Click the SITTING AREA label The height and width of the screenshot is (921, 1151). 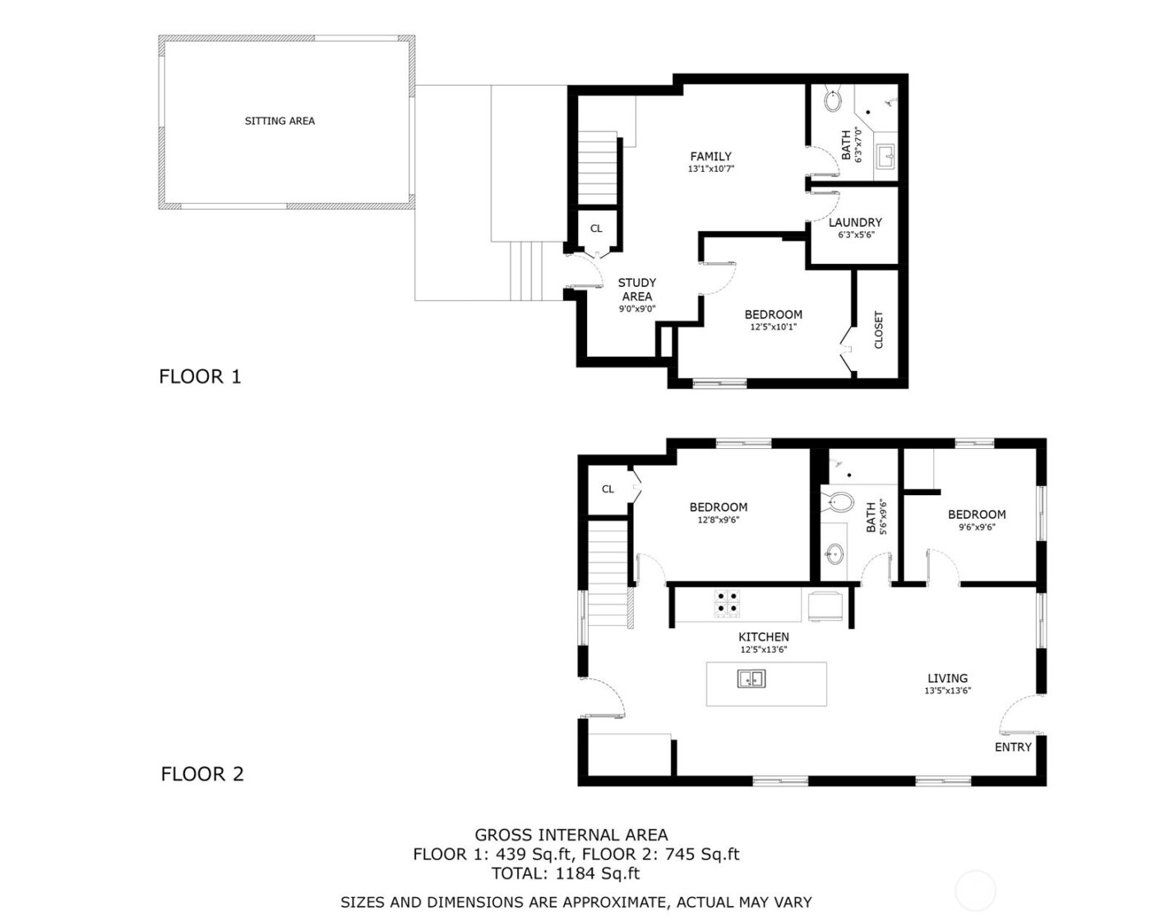[280, 121]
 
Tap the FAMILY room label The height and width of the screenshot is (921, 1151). [710, 156]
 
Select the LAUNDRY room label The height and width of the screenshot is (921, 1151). [855, 222]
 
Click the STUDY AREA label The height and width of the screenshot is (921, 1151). [637, 289]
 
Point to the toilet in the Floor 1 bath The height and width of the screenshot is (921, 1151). [832, 101]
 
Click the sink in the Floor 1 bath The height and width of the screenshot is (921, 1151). [885, 155]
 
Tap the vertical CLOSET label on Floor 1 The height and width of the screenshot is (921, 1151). [878, 329]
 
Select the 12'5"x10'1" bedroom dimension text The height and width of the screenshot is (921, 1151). [773, 326]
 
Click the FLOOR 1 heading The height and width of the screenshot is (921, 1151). [200, 377]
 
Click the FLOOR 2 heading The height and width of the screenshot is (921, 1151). [202, 774]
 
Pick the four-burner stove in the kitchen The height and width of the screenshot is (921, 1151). [727, 604]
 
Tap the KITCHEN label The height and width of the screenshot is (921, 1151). [764, 636]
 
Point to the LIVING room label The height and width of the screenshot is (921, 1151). [947, 678]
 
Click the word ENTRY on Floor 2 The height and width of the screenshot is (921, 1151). [1013, 747]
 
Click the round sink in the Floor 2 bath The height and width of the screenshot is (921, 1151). [835, 553]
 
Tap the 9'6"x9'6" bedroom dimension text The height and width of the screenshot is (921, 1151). [977, 527]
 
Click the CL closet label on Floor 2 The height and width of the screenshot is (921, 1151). [608, 489]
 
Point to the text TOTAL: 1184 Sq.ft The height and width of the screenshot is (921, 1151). [565, 873]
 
